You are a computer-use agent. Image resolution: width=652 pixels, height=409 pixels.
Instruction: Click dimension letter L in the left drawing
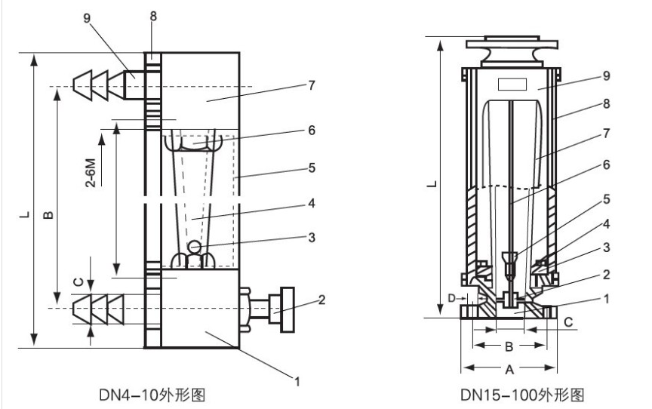(x=26, y=217)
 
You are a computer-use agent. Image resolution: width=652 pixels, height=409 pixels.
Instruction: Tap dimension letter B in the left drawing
(x=46, y=217)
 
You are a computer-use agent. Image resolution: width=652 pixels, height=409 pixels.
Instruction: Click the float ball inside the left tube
(x=195, y=246)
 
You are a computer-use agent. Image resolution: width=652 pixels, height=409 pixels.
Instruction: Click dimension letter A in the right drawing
(x=510, y=370)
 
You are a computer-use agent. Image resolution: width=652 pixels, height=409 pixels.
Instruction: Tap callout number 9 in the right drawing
(x=585, y=75)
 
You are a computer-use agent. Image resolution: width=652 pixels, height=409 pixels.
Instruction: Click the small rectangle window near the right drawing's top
(x=511, y=83)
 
